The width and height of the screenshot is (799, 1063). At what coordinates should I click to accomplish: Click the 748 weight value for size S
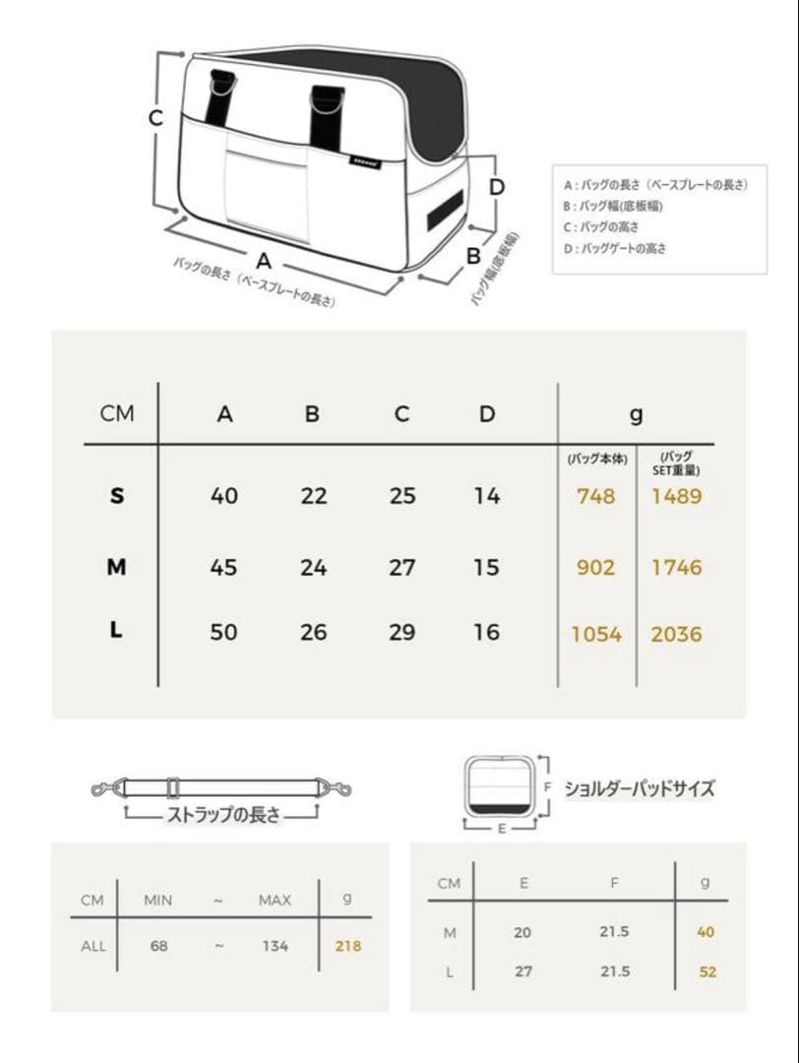595,496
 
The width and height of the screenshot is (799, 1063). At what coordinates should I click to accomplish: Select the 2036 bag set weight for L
676,634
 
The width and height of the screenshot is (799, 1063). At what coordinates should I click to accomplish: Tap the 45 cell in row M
224,567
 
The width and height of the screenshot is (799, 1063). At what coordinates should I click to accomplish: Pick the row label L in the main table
117,631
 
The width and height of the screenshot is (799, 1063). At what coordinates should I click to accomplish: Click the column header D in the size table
487,414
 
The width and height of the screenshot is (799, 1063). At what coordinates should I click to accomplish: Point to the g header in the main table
636,414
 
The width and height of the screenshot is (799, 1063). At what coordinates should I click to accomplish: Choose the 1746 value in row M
676,567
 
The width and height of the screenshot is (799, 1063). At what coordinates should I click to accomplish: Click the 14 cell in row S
487,496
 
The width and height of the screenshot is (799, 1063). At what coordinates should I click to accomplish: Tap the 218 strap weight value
348,946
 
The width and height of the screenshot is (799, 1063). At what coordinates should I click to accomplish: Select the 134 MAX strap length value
276,946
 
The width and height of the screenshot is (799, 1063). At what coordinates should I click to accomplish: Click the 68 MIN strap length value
159,946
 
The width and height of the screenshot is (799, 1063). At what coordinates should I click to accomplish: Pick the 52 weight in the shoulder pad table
707,971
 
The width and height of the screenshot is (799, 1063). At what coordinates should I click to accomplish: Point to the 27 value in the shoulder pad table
523,971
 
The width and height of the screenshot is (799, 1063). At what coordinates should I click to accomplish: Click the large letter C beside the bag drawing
155,118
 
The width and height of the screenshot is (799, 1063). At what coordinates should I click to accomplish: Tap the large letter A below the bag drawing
263,261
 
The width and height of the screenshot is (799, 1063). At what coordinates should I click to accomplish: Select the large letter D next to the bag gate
497,187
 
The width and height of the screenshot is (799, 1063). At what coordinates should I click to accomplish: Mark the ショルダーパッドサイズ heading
640,788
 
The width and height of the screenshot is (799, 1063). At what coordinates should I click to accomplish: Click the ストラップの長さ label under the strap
222,815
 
